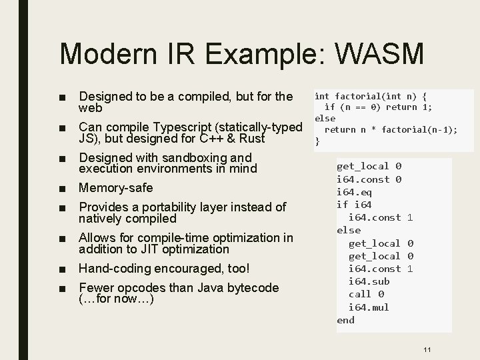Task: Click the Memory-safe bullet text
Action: click(x=115, y=188)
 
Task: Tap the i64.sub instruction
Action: click(x=369, y=281)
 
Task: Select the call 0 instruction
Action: click(x=366, y=294)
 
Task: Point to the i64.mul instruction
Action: click(x=369, y=307)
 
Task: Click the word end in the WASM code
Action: click(x=345, y=320)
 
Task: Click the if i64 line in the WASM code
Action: click(x=354, y=204)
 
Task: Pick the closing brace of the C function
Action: click(x=317, y=141)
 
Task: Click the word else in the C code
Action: click(x=325, y=118)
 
